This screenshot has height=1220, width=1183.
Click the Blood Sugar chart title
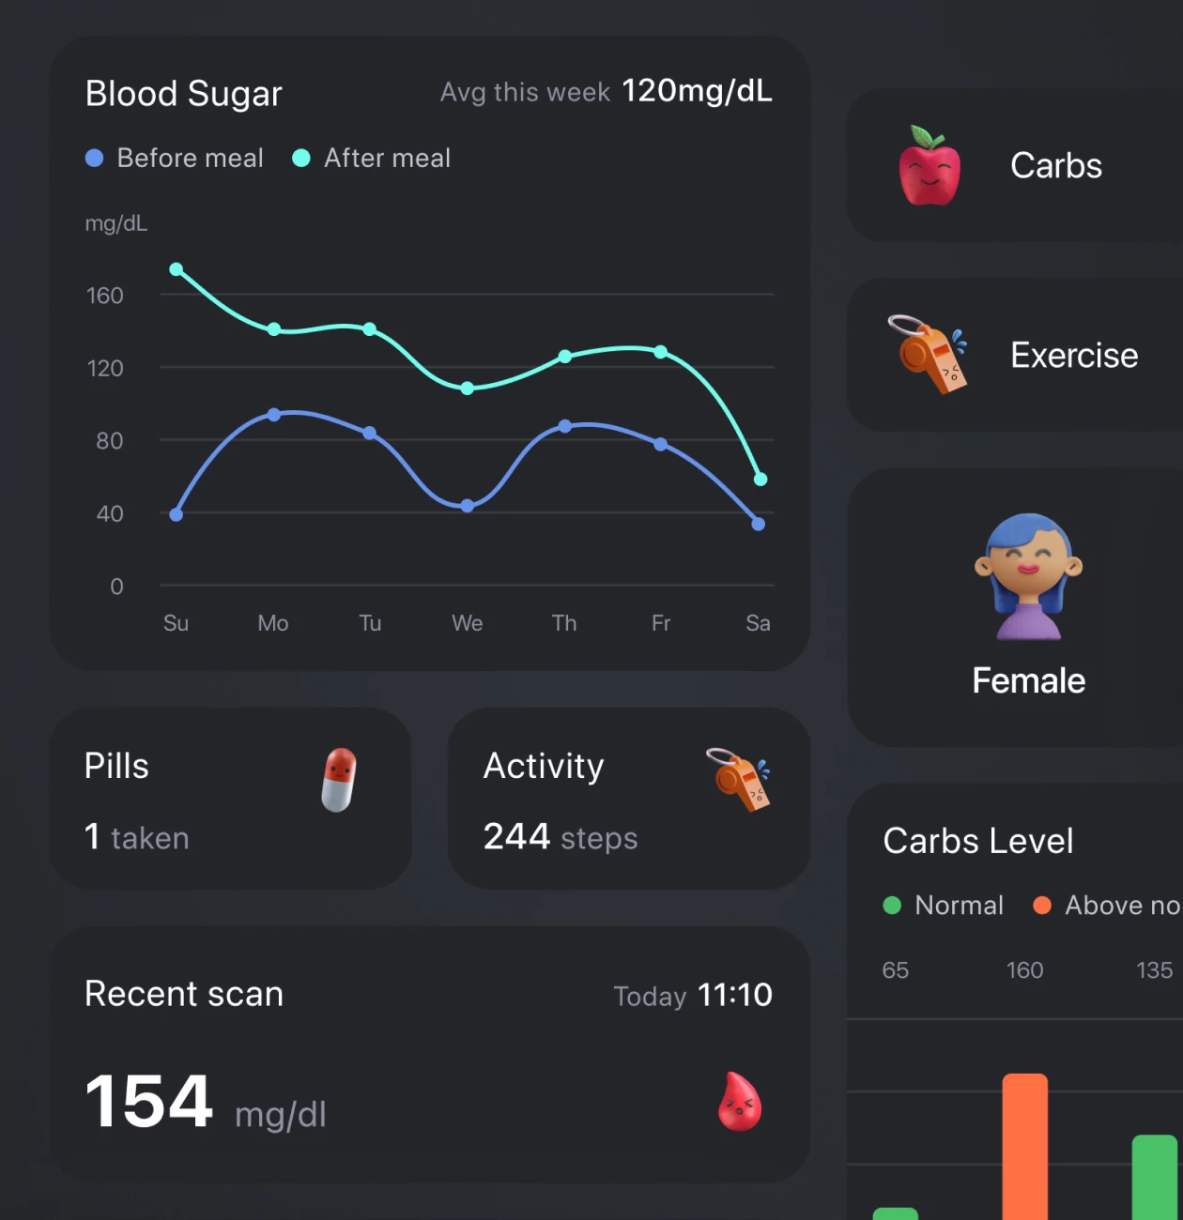pyautogui.click(x=183, y=94)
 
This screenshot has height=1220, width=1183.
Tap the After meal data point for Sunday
pyautogui.click(x=176, y=269)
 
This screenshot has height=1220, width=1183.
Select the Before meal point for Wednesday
pyautogui.click(x=468, y=506)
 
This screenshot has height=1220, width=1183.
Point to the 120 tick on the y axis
pyautogui.click(x=105, y=368)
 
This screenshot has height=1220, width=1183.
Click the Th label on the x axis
pyautogui.click(x=564, y=623)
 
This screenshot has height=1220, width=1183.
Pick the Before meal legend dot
pyautogui.click(x=94, y=158)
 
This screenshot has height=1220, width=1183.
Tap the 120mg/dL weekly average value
pyautogui.click(x=697, y=91)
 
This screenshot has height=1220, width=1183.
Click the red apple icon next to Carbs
pyautogui.click(x=929, y=166)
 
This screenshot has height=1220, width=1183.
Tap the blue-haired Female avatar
pyautogui.click(x=1028, y=576)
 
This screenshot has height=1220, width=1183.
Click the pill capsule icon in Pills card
pyautogui.click(x=339, y=780)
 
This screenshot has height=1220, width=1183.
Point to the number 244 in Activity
pyautogui.click(x=516, y=836)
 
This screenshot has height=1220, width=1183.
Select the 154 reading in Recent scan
pyautogui.click(x=148, y=1101)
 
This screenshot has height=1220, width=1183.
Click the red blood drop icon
pyautogui.click(x=739, y=1102)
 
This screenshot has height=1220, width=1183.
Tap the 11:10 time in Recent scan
pyautogui.click(x=735, y=995)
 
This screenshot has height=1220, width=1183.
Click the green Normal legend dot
pyautogui.click(x=892, y=905)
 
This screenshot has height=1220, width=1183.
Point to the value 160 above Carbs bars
pyautogui.click(x=1024, y=970)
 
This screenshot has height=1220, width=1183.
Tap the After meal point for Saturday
pyautogui.click(x=760, y=480)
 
